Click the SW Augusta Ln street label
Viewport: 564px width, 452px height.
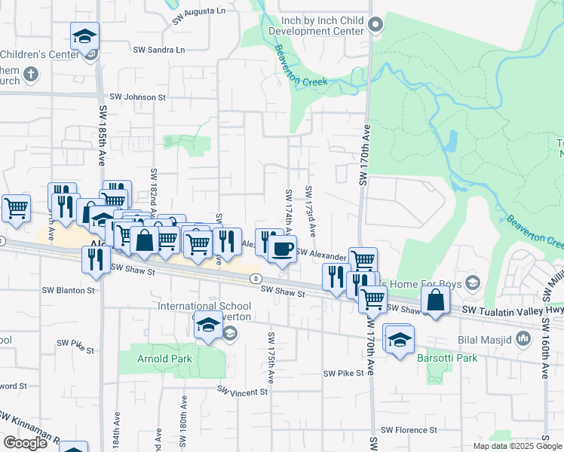pos(198,16)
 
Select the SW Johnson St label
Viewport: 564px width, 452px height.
pos(137,97)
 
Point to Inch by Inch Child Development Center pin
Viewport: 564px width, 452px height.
pos(375,27)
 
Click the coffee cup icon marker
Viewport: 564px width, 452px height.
pos(282,249)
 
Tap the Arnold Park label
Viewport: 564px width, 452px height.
pos(164,359)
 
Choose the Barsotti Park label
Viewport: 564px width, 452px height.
pos(447,358)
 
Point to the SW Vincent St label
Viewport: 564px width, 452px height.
pos(243,391)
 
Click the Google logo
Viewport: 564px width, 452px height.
pos(25,443)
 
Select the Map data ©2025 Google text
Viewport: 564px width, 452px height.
pos(516,446)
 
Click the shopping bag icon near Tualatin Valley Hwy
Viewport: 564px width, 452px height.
pos(435,301)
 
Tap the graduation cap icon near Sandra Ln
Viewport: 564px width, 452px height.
pos(85,36)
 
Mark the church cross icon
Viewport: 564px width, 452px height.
pos(30,74)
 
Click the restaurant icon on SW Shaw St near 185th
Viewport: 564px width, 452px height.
pos(95,258)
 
